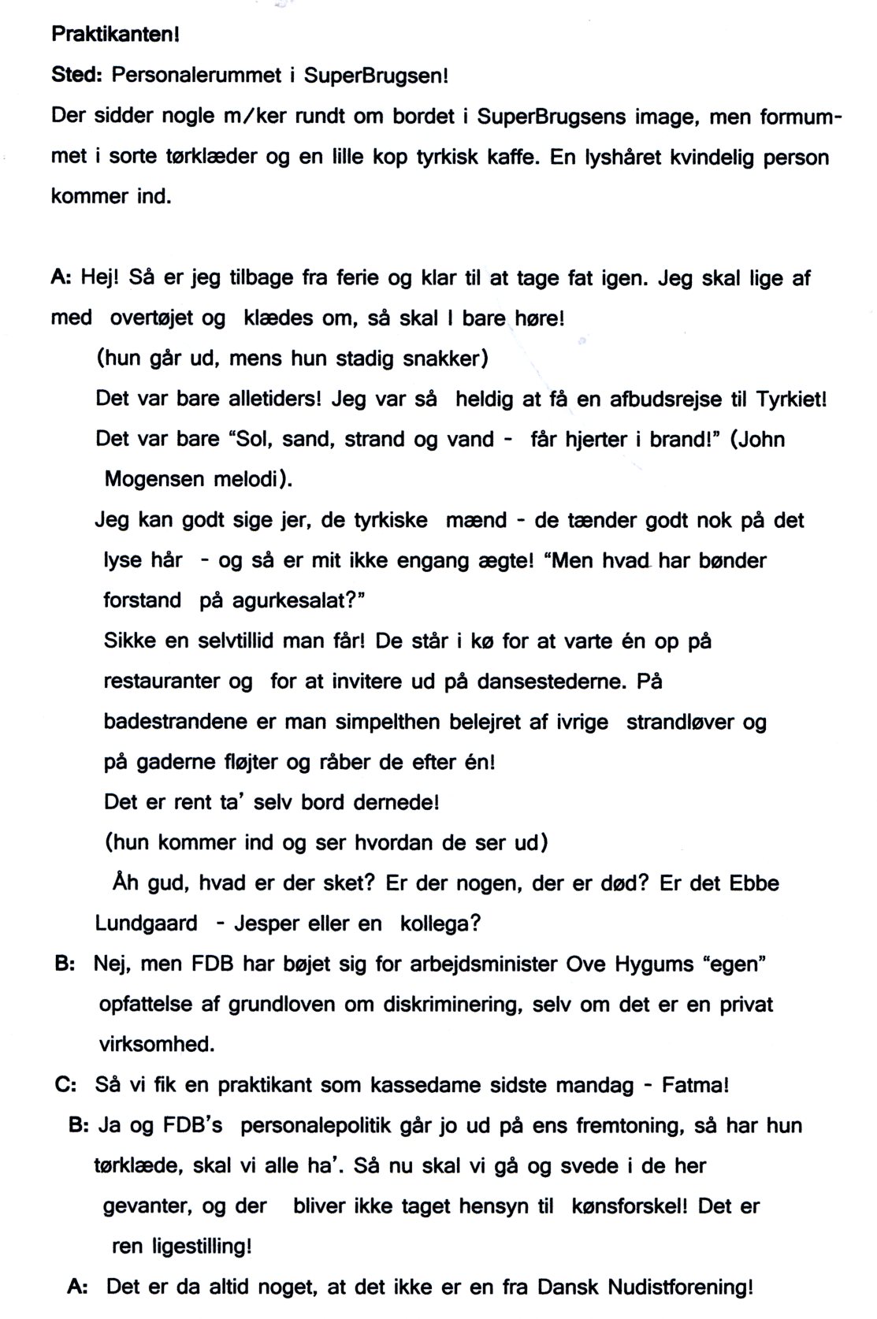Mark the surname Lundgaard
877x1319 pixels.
click(147, 923)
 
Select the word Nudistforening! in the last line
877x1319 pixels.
click(681, 1287)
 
